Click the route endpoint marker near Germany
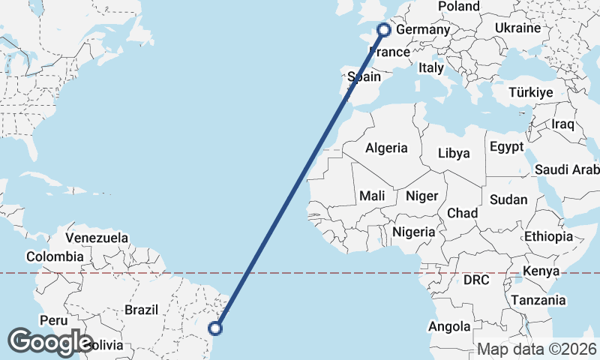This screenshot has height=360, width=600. pyautogui.click(x=384, y=30)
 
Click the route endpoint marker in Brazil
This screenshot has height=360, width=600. pyautogui.click(x=215, y=328)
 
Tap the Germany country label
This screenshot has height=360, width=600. pyautogui.click(x=422, y=30)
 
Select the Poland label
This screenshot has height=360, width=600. pyautogui.click(x=459, y=6)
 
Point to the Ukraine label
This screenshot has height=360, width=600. pyautogui.click(x=517, y=28)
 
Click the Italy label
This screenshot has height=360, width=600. pyautogui.click(x=431, y=67)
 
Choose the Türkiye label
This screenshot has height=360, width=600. pyautogui.click(x=530, y=92)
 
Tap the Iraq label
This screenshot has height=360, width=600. pyautogui.click(x=562, y=124)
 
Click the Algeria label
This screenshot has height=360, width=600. pyautogui.click(x=386, y=148)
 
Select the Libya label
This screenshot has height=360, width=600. pyautogui.click(x=454, y=154)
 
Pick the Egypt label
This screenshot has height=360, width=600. pyautogui.click(x=506, y=147)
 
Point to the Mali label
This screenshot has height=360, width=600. pyautogui.click(x=372, y=196)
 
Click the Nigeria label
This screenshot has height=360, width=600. pyautogui.click(x=413, y=232)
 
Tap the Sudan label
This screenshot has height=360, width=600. pyautogui.click(x=508, y=200)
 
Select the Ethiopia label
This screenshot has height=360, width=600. pyautogui.click(x=548, y=236)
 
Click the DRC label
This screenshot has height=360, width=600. pyautogui.click(x=475, y=280)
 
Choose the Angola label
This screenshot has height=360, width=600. pyautogui.click(x=449, y=326)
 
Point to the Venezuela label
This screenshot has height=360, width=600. pyautogui.click(x=97, y=238)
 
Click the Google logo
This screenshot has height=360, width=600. pyautogui.click(x=50, y=342)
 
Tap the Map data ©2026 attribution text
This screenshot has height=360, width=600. pyautogui.click(x=537, y=349)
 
